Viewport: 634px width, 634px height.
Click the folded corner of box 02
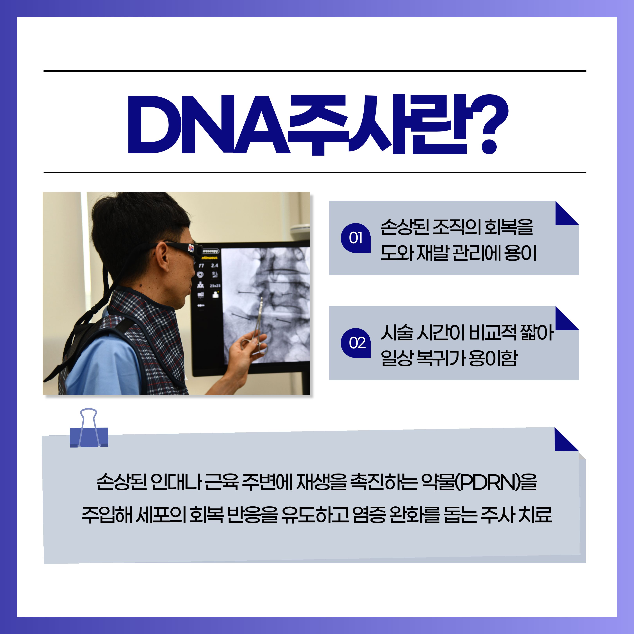pyautogui.click(x=567, y=318)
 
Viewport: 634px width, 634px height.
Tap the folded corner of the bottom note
pyautogui.click(x=566, y=440)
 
